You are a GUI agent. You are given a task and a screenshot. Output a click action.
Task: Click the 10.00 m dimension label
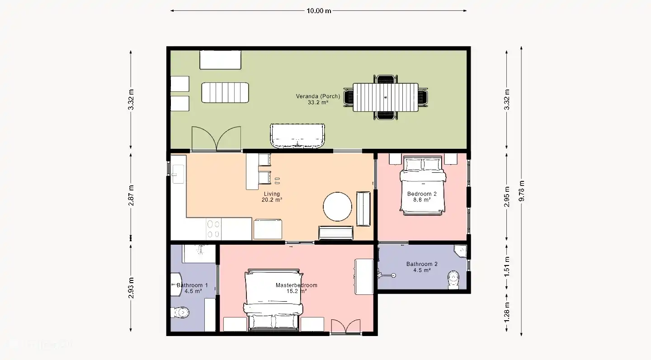click(x=319, y=11)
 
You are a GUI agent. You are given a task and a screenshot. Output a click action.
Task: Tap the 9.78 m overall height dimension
click(x=522, y=190)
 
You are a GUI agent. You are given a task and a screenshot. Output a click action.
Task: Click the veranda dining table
click(x=385, y=97)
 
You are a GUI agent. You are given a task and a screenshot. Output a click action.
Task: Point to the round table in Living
click(x=337, y=207)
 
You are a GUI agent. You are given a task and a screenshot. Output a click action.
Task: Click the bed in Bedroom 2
click(x=422, y=185)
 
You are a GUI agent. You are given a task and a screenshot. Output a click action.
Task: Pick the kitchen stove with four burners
click(x=213, y=228)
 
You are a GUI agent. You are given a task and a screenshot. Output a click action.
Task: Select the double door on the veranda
click(x=216, y=138)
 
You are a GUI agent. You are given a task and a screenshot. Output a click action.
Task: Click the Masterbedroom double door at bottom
click(x=346, y=326)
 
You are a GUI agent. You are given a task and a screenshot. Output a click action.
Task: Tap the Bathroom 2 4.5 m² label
click(x=422, y=267)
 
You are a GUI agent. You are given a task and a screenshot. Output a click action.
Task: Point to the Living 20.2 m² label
click(x=272, y=197)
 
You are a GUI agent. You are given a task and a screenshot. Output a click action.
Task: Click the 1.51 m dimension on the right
click(x=507, y=266)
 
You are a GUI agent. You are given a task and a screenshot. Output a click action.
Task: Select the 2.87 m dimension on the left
click(x=131, y=195)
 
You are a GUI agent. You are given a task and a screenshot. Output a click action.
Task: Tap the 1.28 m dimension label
click(x=507, y=313)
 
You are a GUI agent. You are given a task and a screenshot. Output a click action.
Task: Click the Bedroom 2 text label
click(x=422, y=194)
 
